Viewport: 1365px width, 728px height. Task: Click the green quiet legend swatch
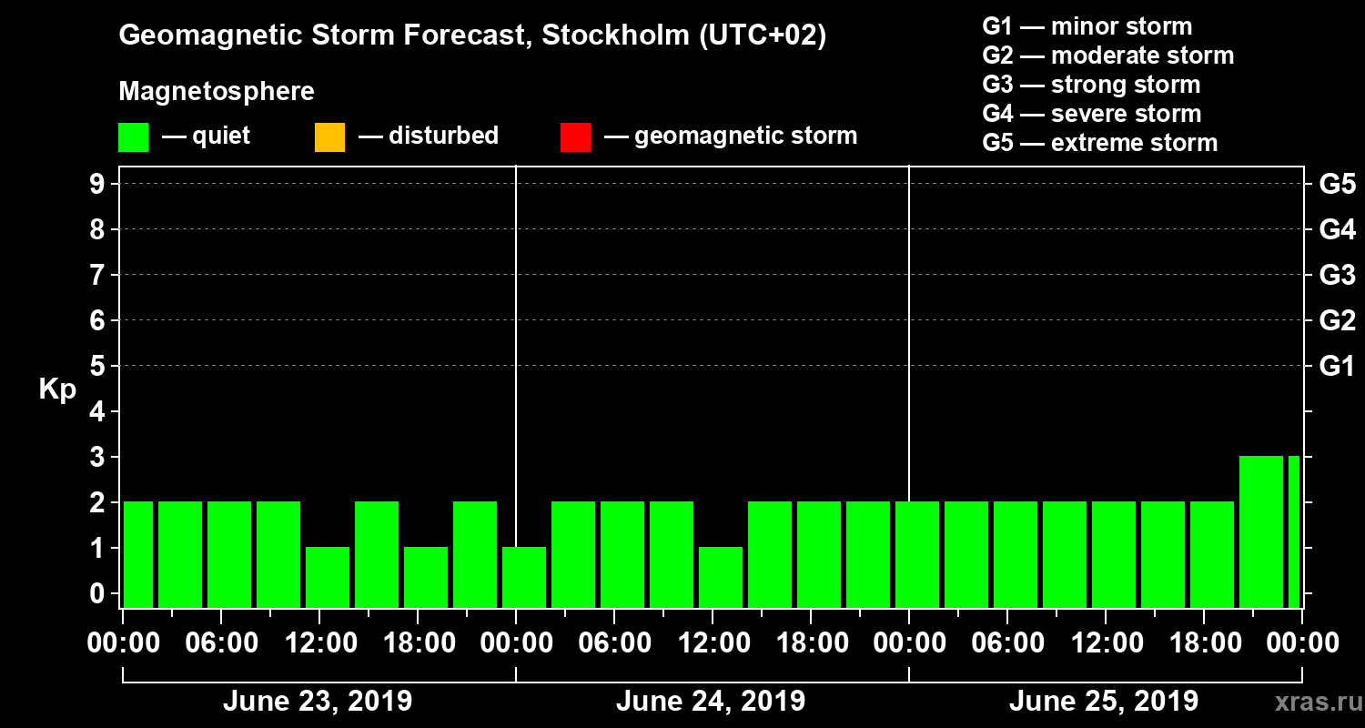[x=133, y=137]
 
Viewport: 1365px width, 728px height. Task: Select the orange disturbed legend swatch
[x=329, y=137]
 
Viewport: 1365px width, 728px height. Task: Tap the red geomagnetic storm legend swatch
[x=575, y=137]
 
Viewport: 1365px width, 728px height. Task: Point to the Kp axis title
[x=57, y=389]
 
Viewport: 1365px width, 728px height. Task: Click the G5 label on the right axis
[x=1337, y=185]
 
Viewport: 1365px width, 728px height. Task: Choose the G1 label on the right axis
[x=1337, y=367]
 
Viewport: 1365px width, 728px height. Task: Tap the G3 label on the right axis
[x=1337, y=276]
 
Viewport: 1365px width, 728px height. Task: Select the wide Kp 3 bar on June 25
[x=1260, y=531]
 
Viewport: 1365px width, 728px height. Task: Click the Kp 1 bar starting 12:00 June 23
[x=328, y=577]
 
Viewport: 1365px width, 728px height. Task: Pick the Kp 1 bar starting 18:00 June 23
[x=426, y=577]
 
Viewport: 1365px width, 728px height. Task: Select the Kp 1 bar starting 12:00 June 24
[x=721, y=577]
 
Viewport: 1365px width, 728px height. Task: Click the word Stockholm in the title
[x=612, y=35]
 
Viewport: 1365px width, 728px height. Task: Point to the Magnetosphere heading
[x=217, y=92]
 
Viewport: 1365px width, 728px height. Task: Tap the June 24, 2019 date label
[x=710, y=702]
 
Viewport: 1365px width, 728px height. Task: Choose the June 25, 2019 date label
[x=1103, y=702]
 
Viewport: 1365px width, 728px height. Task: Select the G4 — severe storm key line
[x=1091, y=114]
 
